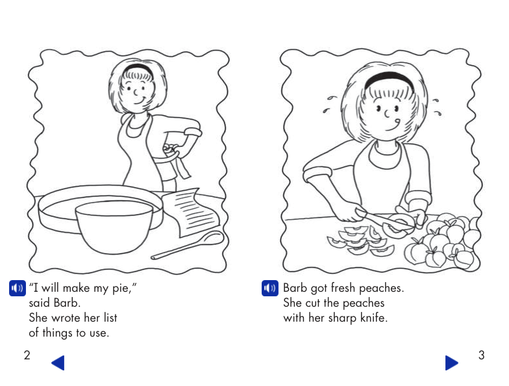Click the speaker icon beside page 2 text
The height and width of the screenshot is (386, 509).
coord(18,288)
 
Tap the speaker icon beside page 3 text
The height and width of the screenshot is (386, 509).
coord(269,288)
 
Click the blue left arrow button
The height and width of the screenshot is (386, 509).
coord(58,363)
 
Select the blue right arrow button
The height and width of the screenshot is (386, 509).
coord(451,363)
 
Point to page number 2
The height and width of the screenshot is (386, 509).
coord(27,355)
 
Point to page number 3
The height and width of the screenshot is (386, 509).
coord(481,355)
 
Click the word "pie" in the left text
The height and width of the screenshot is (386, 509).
coord(120,289)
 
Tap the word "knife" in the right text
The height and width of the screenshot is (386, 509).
coord(372,318)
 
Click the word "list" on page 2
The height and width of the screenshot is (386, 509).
coord(108,318)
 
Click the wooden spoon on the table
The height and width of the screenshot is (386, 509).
coord(188,246)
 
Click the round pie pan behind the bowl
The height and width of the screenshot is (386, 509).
coord(58,208)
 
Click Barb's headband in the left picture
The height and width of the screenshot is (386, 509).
coord(138,67)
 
